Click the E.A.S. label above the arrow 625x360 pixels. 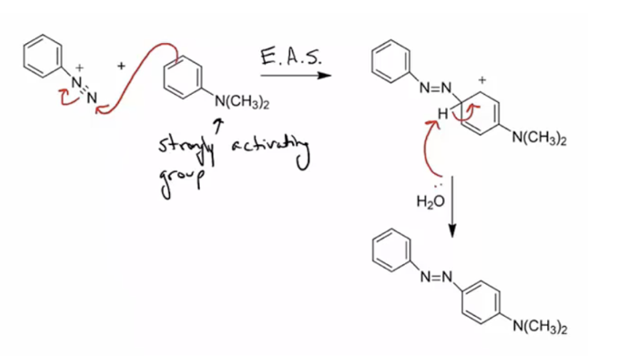pyautogui.click(x=292, y=58)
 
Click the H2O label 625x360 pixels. pyautogui.click(x=430, y=201)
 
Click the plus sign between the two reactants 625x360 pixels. pyautogui.click(x=120, y=66)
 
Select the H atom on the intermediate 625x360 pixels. pyautogui.click(x=441, y=114)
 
